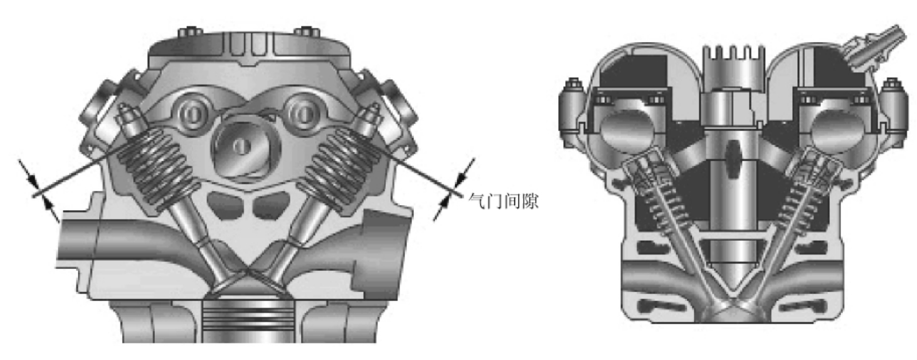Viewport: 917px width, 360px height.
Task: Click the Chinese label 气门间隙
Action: [x=503, y=201]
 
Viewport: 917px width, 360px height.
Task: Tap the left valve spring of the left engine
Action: [x=158, y=168]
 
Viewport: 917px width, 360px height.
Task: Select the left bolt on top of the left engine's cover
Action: [x=190, y=32]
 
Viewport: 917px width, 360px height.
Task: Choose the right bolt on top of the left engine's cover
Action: [x=307, y=32]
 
